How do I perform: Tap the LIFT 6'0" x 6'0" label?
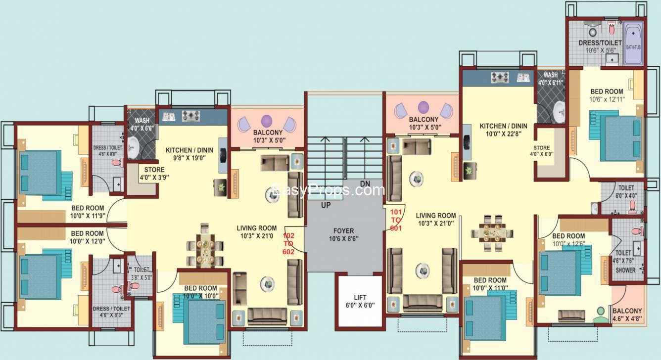point(360,301)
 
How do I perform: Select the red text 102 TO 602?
point(289,243)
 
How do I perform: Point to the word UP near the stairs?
point(325,204)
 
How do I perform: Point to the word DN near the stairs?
point(365,183)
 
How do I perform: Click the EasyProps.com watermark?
point(329,190)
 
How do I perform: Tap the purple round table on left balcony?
point(267,121)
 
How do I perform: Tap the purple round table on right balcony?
point(424,107)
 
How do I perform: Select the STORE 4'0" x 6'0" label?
point(541,151)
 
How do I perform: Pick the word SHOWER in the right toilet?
point(625,270)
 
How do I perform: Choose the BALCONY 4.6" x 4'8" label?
point(627,315)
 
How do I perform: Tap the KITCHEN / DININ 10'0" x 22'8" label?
point(503,130)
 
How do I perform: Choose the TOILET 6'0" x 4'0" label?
point(626,192)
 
